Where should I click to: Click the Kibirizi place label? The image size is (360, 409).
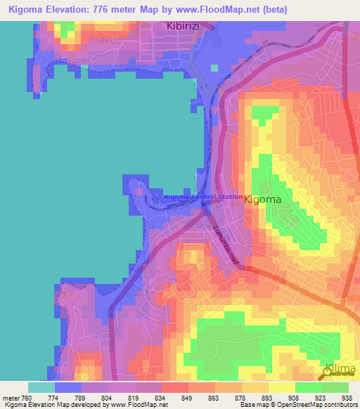click(x=184, y=26)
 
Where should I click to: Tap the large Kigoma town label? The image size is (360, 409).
click(x=263, y=200)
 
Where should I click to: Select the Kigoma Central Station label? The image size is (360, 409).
click(x=203, y=197)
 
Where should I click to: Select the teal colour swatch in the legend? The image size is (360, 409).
click(x=41, y=387)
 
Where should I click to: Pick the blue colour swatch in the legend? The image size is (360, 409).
click(x=68, y=387)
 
